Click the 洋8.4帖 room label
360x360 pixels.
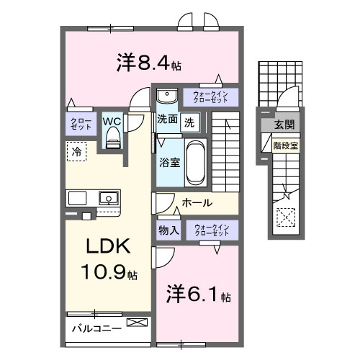[x=148, y=63]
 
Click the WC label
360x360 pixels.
[x=111, y=122]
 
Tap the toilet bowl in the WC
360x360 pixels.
[x=111, y=140]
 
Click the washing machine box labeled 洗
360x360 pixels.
[x=189, y=122]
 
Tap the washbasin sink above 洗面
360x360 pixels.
[x=166, y=96]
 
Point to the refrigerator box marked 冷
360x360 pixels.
[x=76, y=151]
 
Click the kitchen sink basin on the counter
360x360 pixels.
[x=109, y=197]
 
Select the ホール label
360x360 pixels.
[x=197, y=203]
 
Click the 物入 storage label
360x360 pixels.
[x=168, y=230]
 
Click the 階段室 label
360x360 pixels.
[x=284, y=145]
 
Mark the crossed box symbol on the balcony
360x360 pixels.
[x=135, y=323]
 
